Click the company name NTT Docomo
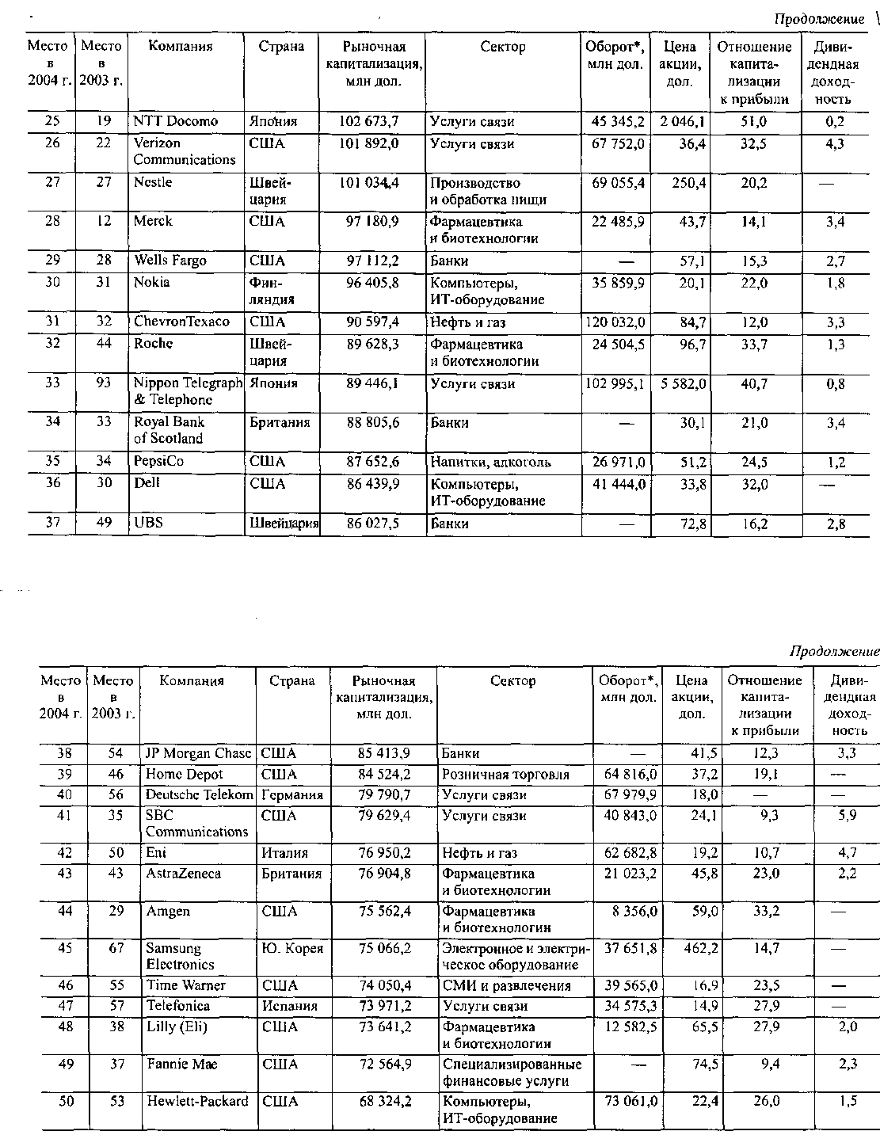[x=175, y=122]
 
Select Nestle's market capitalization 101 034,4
[x=371, y=183]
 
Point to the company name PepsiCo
[x=159, y=462]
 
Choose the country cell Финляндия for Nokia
[x=272, y=291]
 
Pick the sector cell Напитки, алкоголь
[x=490, y=463]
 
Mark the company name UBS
[x=148, y=523]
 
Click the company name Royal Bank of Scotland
[x=169, y=430]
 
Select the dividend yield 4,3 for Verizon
[x=835, y=144]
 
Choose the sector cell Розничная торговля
[x=505, y=775]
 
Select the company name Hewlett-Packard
[x=197, y=1102]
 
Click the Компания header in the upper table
[x=181, y=47]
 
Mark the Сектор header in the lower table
[x=512, y=681]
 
